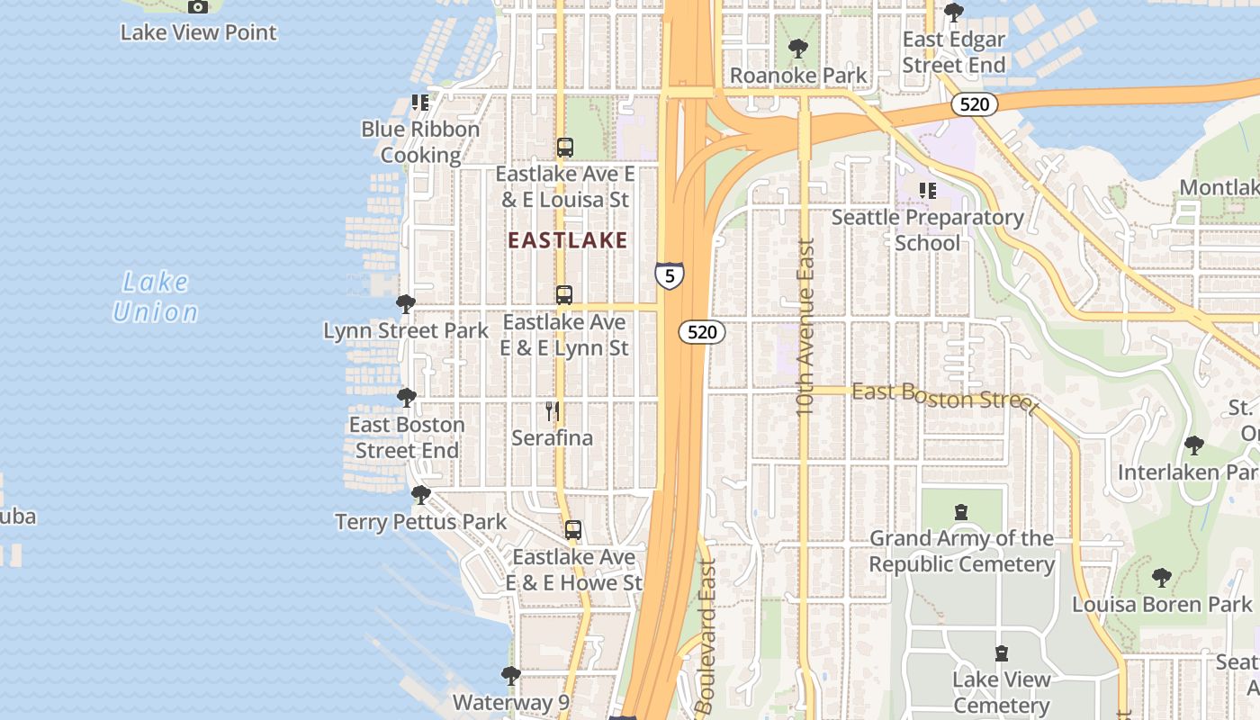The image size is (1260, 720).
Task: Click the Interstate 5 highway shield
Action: [x=669, y=275]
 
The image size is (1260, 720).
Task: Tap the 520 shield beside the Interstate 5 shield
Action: [x=701, y=332]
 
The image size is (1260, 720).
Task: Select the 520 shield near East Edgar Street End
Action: [x=974, y=104]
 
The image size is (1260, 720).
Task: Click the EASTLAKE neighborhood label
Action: [x=567, y=240]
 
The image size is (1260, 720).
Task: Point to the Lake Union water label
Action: [x=156, y=297]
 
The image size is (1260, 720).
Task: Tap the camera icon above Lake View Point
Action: [x=198, y=7]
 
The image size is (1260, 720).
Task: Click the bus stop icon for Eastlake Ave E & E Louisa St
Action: [x=565, y=148]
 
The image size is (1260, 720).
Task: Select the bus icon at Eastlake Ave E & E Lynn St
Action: [x=564, y=295]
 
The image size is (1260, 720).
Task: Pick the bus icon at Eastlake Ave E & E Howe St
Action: [x=573, y=530]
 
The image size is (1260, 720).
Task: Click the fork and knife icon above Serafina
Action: [x=553, y=411]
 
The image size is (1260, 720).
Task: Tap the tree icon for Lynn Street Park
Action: [x=406, y=304]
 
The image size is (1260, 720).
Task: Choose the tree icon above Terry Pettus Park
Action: [x=420, y=495]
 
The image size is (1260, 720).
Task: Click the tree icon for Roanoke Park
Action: [x=797, y=49]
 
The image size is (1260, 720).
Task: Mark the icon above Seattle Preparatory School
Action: [x=927, y=191]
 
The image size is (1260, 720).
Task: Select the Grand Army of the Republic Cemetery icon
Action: [x=961, y=512]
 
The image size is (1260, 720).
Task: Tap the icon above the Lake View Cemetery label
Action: [x=1002, y=653]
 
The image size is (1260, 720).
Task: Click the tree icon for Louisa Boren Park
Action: [x=1162, y=577]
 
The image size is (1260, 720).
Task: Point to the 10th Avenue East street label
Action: [x=805, y=326]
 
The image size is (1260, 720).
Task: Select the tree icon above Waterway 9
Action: [x=511, y=675]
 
